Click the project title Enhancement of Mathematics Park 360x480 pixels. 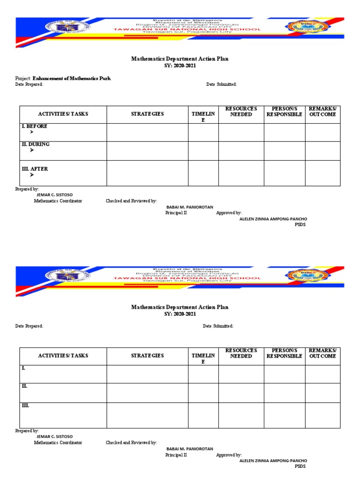(x=72, y=78)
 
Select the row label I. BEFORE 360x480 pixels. (x=35, y=127)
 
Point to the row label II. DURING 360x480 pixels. (x=36, y=144)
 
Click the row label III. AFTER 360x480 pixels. (x=35, y=169)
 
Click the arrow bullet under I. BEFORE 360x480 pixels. (x=32, y=133)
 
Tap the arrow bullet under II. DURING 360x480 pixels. (x=32, y=150)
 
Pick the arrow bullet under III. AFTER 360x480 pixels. (x=32, y=175)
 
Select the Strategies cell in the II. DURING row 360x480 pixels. (x=147, y=150)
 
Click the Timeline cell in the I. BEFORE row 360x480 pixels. (x=203, y=132)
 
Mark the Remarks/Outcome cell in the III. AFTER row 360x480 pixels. (x=322, y=173)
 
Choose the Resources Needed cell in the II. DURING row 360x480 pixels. (x=241, y=150)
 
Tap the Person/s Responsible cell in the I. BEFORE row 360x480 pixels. (x=285, y=132)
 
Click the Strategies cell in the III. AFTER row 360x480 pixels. (x=147, y=173)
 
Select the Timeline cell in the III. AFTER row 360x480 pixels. (x=203, y=173)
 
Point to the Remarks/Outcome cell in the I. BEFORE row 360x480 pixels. (x=322, y=132)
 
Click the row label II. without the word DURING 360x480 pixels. (x=24, y=386)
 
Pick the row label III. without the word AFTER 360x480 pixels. (x=25, y=405)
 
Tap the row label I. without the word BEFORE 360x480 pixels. (x=23, y=368)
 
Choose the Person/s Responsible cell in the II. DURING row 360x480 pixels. (x=285, y=150)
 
